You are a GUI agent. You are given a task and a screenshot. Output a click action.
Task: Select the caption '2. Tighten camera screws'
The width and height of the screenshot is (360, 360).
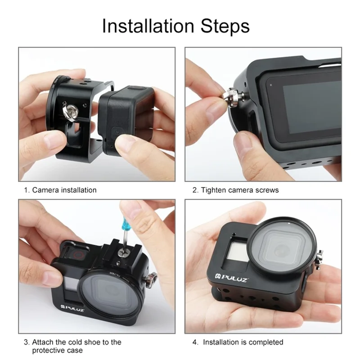(235, 190)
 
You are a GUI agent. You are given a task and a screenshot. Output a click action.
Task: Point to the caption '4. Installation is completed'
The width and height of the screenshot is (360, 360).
(238, 342)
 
